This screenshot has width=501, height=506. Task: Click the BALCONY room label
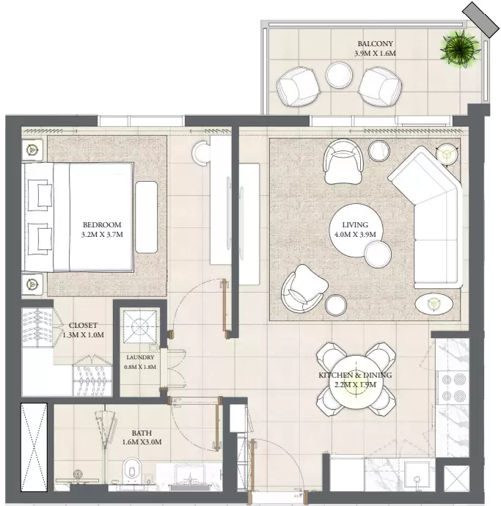pos(375,43)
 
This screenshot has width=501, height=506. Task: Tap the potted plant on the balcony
pos(460,49)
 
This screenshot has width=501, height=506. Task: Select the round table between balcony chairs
pos(339,75)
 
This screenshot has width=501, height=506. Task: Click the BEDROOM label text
pos(102,224)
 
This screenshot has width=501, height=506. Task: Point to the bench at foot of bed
pos(146,217)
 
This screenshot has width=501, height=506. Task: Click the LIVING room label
pos(355,224)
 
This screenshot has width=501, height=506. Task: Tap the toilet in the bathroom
pos(131,469)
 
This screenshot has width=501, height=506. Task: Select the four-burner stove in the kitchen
pos(453,387)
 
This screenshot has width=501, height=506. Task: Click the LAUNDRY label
pos(140,357)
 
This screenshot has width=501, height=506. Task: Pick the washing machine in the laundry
pos(140,326)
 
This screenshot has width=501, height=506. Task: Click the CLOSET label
pos(83,326)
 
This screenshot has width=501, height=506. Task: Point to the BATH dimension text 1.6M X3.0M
pos(142,442)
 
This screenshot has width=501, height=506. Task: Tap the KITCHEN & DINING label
pos(355,375)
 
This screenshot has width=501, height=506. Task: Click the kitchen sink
pos(419,472)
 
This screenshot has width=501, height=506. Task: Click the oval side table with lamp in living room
pos(434,304)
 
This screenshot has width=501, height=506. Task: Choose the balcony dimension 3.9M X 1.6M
pos(375,54)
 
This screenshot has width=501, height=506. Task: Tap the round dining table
pos(356,383)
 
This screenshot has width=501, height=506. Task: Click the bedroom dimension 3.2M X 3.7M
pos(102,235)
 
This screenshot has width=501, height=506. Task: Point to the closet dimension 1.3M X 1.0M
pos(83,335)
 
